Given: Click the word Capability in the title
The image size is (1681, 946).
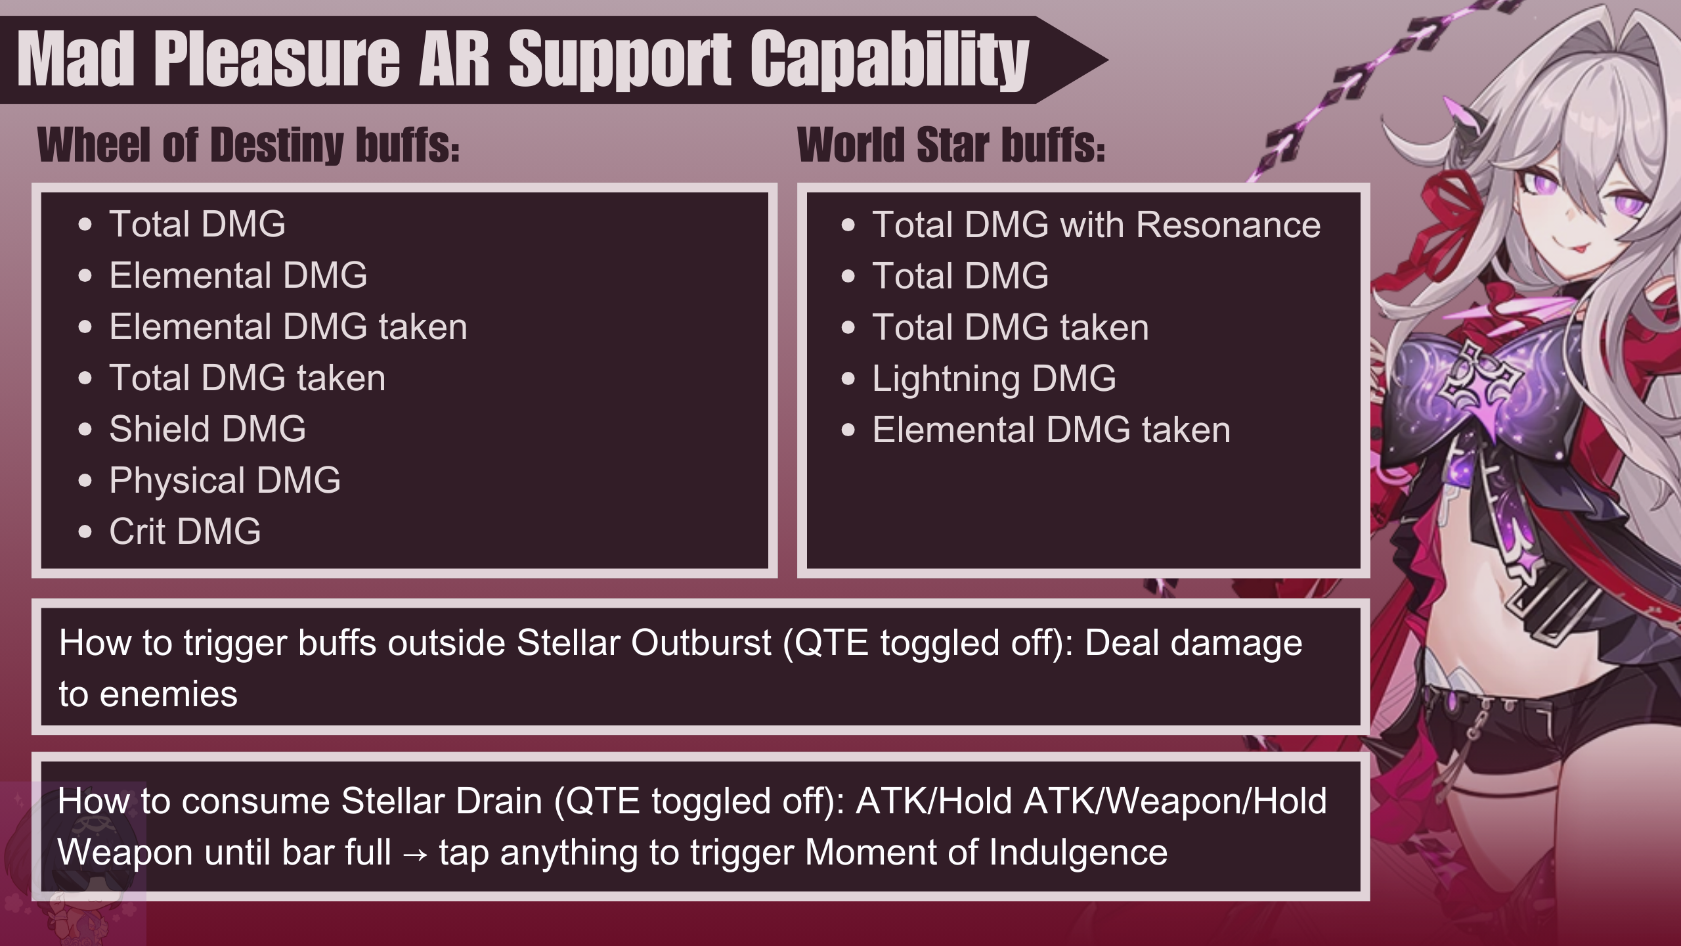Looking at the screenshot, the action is click(x=889, y=60).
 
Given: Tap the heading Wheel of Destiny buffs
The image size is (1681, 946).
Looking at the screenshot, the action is click(x=248, y=145).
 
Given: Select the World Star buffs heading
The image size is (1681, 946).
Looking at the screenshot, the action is click(x=951, y=145).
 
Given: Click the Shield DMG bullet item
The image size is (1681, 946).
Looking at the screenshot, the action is click(x=207, y=429).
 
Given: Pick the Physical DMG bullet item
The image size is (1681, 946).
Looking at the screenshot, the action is click(x=225, y=480).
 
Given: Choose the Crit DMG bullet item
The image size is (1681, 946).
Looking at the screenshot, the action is click(x=185, y=531).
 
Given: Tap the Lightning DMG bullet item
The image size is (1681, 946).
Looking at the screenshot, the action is click(x=993, y=378).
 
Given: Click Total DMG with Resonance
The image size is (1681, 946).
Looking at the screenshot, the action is click(x=1096, y=225).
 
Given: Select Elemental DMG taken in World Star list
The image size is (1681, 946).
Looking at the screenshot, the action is click(x=1051, y=430).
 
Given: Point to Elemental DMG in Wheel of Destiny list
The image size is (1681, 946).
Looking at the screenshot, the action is click(x=238, y=275).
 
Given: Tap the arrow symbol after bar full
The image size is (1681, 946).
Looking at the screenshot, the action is click(x=415, y=853).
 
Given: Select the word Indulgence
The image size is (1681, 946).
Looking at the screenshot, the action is click(x=1078, y=853).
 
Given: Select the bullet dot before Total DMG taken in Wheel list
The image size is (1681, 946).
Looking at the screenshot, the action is click(x=85, y=378).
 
